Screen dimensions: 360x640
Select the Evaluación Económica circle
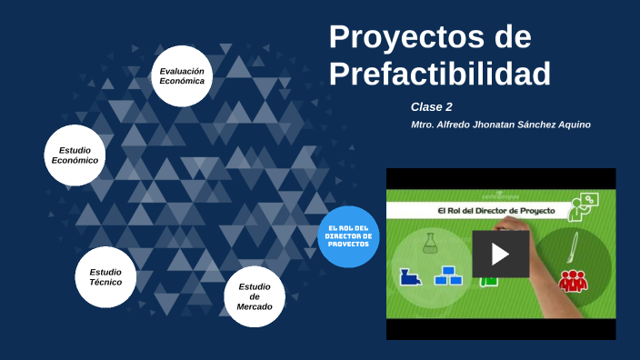[x=182, y=76]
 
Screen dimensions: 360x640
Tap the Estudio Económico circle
[x=75, y=155]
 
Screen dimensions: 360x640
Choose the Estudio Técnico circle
[x=105, y=276]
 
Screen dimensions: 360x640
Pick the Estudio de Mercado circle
[x=255, y=296]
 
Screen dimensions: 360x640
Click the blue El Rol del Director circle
[x=348, y=237]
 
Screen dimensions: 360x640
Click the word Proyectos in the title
[x=402, y=37]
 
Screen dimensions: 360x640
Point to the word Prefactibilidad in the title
[x=439, y=74]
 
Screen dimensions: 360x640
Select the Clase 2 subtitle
[x=431, y=106]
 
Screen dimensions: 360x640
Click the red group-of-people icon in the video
[x=573, y=281]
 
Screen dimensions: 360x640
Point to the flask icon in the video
[x=430, y=242]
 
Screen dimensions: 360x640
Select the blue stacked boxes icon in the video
[x=447, y=275]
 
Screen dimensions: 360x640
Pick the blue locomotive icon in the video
[x=412, y=275]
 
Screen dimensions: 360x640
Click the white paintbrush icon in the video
[x=575, y=245]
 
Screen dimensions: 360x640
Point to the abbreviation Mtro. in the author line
[x=424, y=125]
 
